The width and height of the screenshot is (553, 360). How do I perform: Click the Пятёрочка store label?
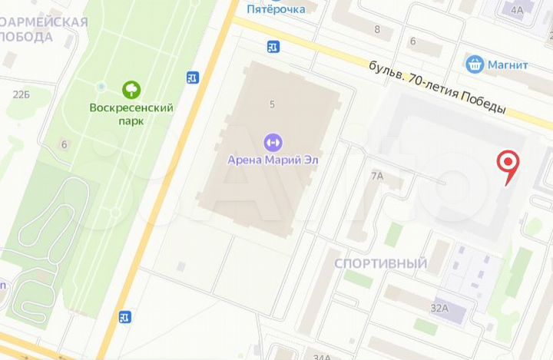click(276, 8)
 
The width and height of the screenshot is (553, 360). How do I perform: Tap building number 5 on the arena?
click(272, 104)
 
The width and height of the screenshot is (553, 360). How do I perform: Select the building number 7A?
click(376, 176)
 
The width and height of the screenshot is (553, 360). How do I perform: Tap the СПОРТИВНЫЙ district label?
click(380, 263)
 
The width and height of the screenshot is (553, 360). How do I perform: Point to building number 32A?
click(439, 308)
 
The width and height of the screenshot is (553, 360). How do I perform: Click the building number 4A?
click(516, 10)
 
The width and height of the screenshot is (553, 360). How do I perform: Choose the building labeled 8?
click(377, 29)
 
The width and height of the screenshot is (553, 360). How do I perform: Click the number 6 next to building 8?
click(412, 41)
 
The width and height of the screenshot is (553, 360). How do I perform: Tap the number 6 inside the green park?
click(65, 144)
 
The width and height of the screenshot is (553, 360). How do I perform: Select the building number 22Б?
click(21, 94)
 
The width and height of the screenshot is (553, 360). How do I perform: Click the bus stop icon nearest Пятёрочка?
click(273, 47)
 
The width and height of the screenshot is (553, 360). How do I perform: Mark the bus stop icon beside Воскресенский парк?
click(193, 77)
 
